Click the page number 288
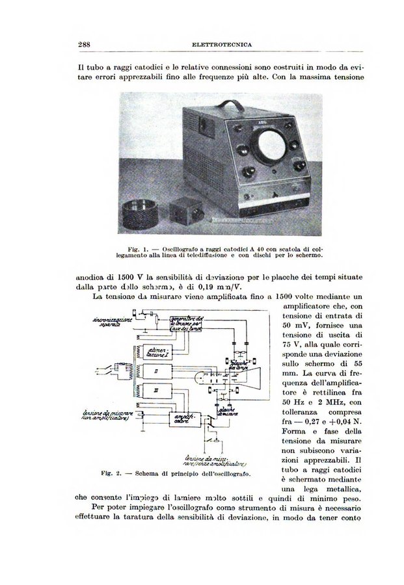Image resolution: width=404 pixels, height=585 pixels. (x=84, y=44)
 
